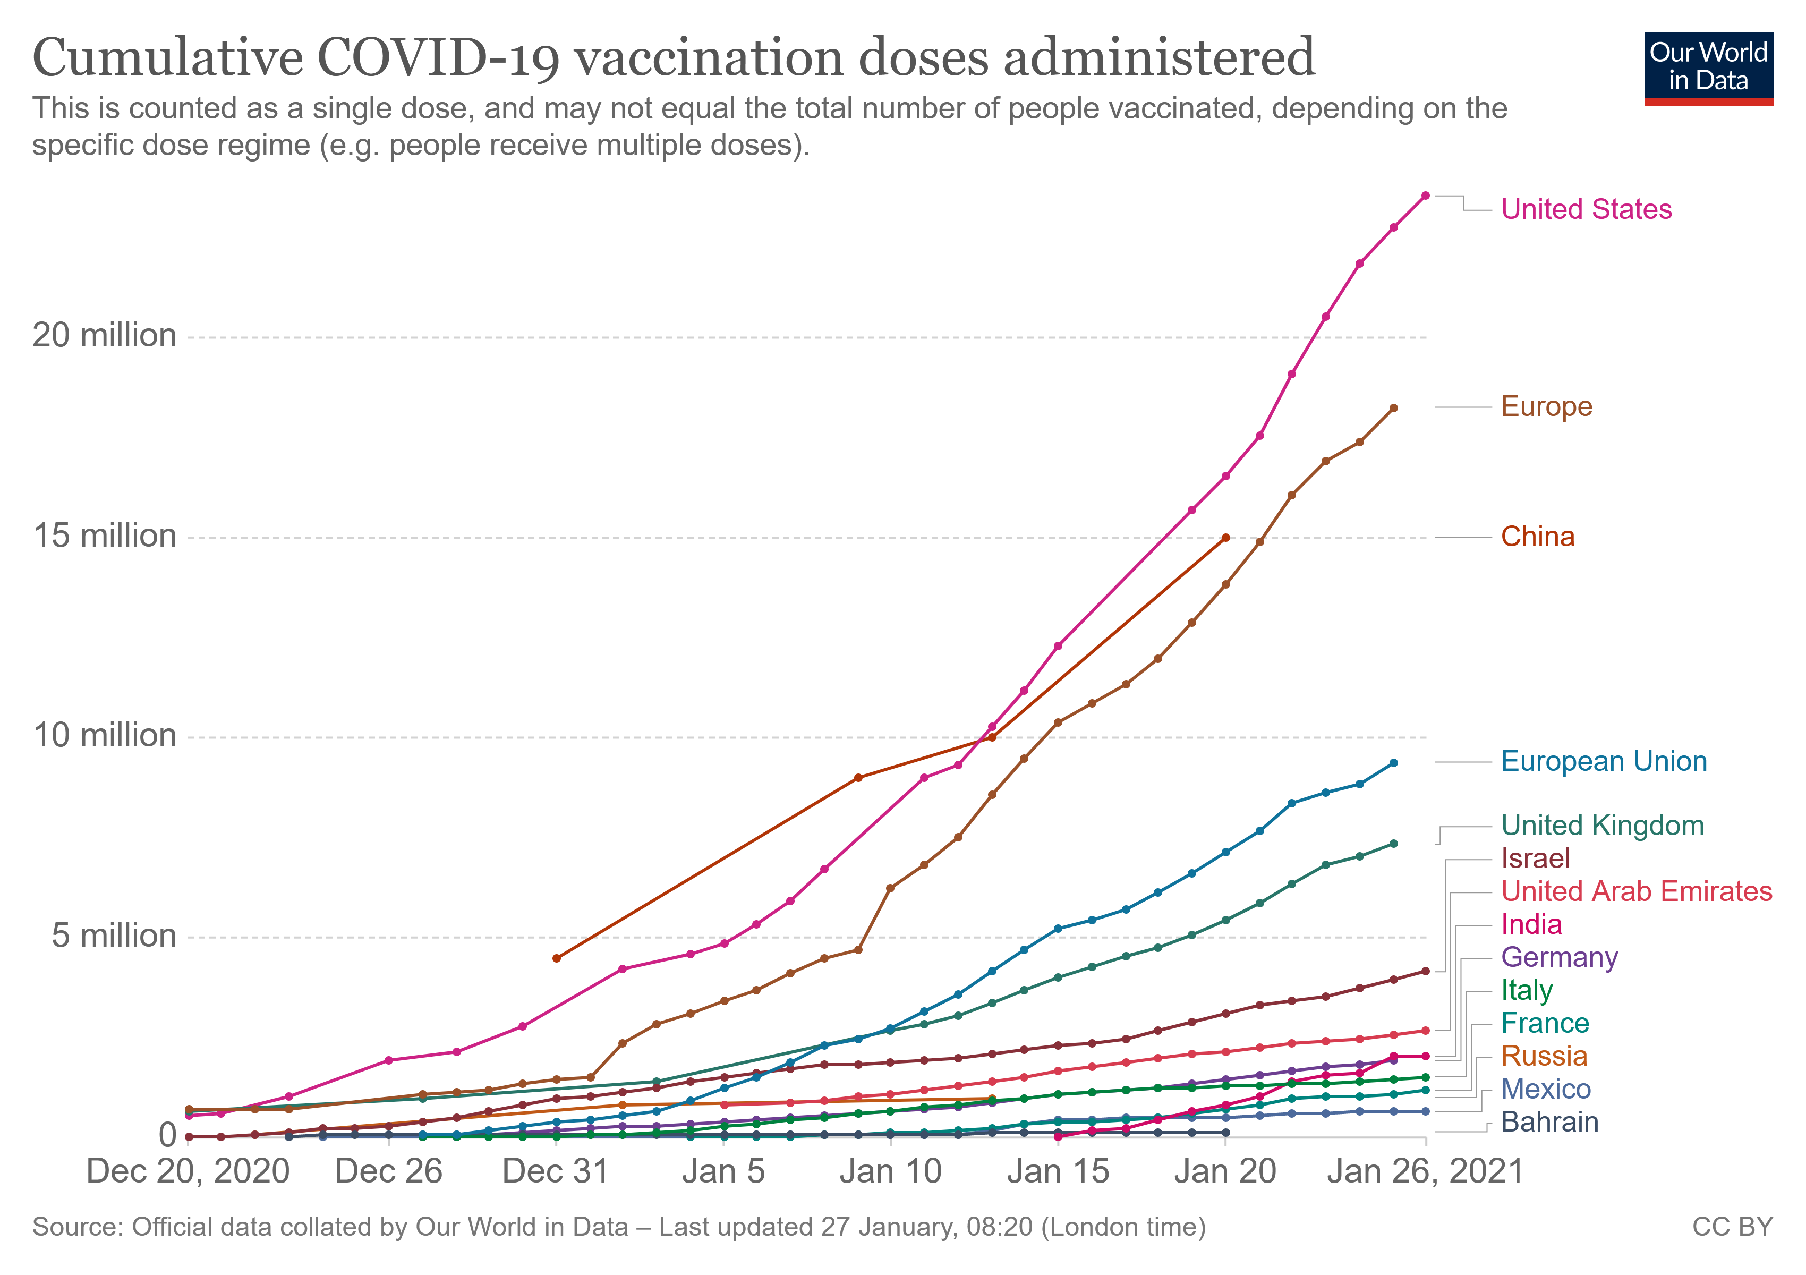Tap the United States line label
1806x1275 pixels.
tap(1586, 209)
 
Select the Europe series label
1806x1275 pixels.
tap(1546, 406)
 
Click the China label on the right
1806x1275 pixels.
tap(1537, 537)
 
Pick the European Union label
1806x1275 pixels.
tap(1603, 761)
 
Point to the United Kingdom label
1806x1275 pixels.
tap(1601, 826)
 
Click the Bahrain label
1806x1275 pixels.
tap(1549, 1123)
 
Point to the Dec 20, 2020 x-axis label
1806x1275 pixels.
tap(188, 1172)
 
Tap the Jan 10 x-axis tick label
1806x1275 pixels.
tap(890, 1172)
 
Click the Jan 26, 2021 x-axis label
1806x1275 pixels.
tap(1425, 1172)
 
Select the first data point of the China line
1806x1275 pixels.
tap(556, 958)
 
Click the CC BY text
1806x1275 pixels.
tap(1732, 1228)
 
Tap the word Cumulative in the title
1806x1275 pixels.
tap(167, 58)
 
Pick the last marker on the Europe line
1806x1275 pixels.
tap(1393, 408)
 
